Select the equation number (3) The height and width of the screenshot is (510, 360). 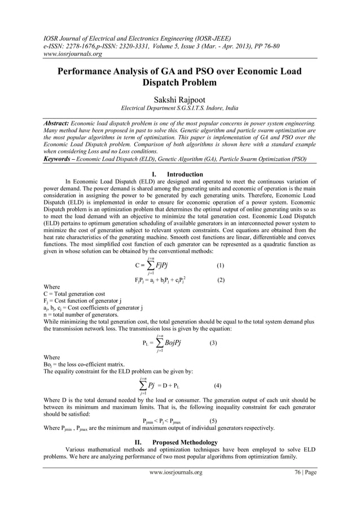click(x=213, y=342)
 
